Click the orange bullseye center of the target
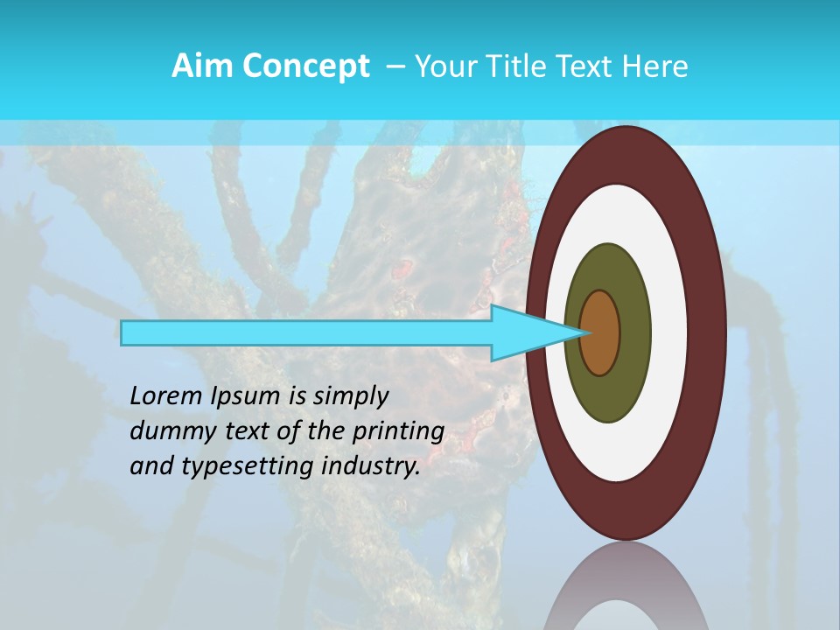click(x=600, y=332)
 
